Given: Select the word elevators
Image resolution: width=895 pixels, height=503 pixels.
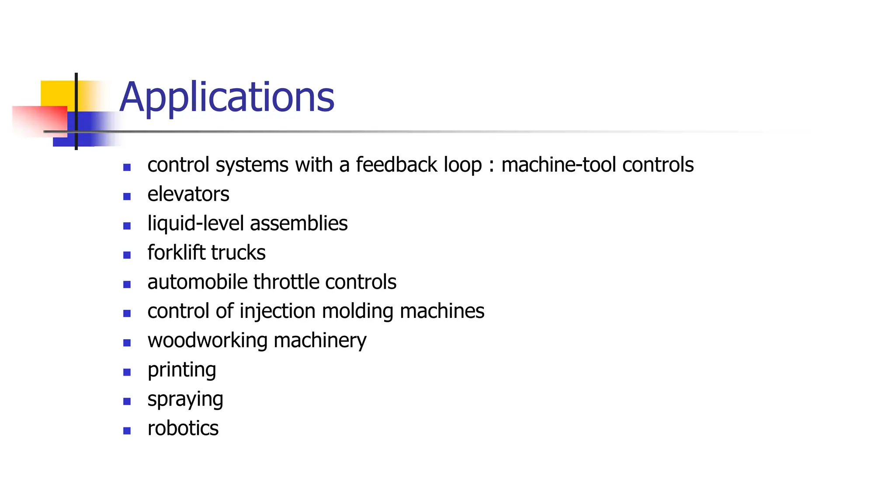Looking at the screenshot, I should [188, 194].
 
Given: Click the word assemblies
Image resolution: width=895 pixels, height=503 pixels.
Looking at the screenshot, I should [299, 224].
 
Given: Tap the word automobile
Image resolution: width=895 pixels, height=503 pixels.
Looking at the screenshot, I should [198, 282].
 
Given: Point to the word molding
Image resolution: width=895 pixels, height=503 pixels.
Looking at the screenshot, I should [357, 311].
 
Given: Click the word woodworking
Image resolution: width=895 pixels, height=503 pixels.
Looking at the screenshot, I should [208, 341].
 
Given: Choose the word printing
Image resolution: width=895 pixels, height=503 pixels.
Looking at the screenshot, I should [182, 370].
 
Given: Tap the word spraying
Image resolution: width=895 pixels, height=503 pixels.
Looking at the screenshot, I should [185, 400].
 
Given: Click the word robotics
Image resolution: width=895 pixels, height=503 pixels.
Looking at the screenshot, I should [183, 428].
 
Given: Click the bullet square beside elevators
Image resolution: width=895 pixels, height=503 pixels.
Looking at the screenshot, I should [127, 196].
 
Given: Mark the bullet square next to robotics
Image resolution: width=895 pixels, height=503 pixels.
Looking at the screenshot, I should [127, 431].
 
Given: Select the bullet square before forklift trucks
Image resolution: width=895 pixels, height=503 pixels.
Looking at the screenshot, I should [127, 255].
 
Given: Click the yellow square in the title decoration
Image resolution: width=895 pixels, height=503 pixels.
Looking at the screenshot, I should [57, 93].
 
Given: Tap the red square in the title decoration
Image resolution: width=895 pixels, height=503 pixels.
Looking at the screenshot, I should [39, 121].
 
